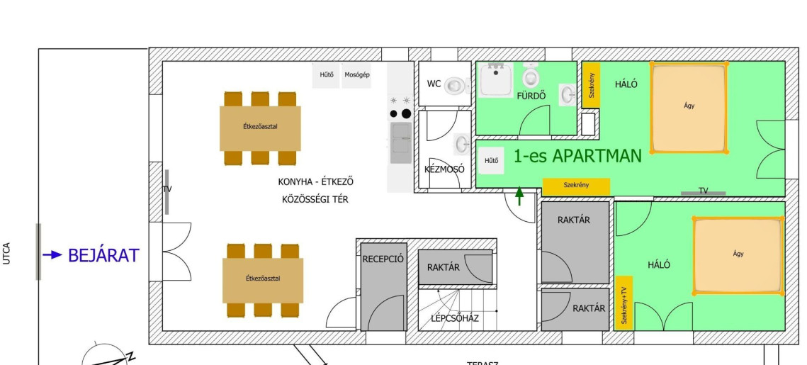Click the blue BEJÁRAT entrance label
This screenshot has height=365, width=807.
(x=103, y=255)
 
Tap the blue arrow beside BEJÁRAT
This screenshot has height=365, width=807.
(x=52, y=255)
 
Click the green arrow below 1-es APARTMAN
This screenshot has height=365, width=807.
(x=519, y=196)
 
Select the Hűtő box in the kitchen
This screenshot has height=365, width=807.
(x=327, y=75)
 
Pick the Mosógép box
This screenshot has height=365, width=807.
(x=356, y=75)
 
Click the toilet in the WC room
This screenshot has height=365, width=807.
(x=458, y=85)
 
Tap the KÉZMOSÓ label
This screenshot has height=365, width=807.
(x=444, y=169)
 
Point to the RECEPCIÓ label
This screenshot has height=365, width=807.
(x=383, y=259)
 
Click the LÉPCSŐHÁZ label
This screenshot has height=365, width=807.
(x=455, y=318)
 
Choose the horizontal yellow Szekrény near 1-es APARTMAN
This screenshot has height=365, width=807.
(x=576, y=186)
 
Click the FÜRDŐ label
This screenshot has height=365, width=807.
(x=531, y=96)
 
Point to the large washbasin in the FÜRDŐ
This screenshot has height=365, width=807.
(x=501, y=79)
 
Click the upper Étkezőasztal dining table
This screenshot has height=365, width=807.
(x=260, y=126)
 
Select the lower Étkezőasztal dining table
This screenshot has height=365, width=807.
(x=263, y=279)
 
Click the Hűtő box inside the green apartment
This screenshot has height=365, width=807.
(x=491, y=161)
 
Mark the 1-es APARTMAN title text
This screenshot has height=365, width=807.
(x=577, y=156)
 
